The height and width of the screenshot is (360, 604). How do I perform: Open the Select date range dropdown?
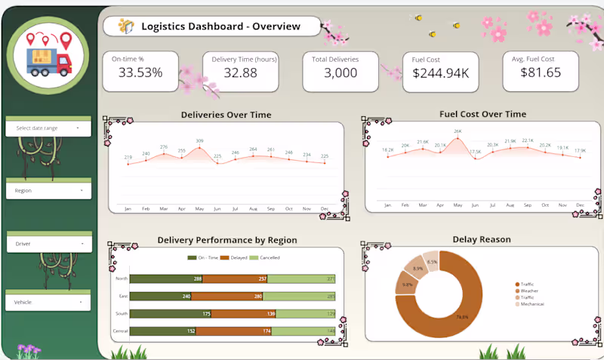click(48, 128)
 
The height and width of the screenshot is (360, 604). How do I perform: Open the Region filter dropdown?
click(48, 190)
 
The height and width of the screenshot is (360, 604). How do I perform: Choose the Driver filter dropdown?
click(48, 244)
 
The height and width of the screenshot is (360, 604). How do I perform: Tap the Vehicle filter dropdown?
click(48, 302)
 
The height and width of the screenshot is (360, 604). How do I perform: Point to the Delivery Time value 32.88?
click(240, 73)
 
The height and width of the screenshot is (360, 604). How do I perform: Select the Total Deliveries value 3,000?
click(341, 73)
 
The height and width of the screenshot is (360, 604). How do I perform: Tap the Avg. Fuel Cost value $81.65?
click(541, 72)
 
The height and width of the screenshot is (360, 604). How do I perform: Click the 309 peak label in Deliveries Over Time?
click(199, 141)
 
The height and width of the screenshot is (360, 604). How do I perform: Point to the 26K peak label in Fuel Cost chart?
click(458, 131)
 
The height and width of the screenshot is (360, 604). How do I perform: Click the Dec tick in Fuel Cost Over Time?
click(580, 205)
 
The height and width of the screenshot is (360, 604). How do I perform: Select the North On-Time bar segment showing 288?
click(167, 279)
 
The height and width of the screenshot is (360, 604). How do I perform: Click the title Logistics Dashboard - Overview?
click(220, 26)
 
